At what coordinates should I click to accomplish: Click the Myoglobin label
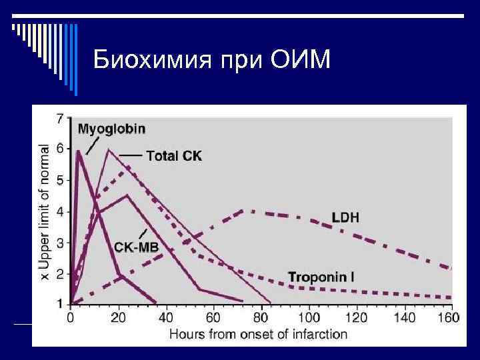click(111, 129)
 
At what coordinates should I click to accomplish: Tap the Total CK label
click(173, 155)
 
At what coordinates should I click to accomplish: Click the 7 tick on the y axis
click(61, 119)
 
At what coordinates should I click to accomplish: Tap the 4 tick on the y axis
click(61, 212)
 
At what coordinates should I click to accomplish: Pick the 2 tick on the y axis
click(61, 274)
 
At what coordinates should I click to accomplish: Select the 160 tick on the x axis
click(450, 318)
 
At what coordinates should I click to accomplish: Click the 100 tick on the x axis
click(309, 318)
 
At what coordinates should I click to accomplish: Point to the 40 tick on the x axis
click(166, 318)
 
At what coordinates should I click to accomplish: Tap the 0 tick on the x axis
click(71, 318)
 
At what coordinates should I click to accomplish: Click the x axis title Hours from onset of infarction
click(259, 334)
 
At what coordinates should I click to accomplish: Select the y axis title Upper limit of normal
click(45, 213)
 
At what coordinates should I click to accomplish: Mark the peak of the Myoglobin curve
click(79, 151)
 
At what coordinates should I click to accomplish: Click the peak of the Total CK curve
click(109, 149)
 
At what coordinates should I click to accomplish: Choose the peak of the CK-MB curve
click(127, 195)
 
